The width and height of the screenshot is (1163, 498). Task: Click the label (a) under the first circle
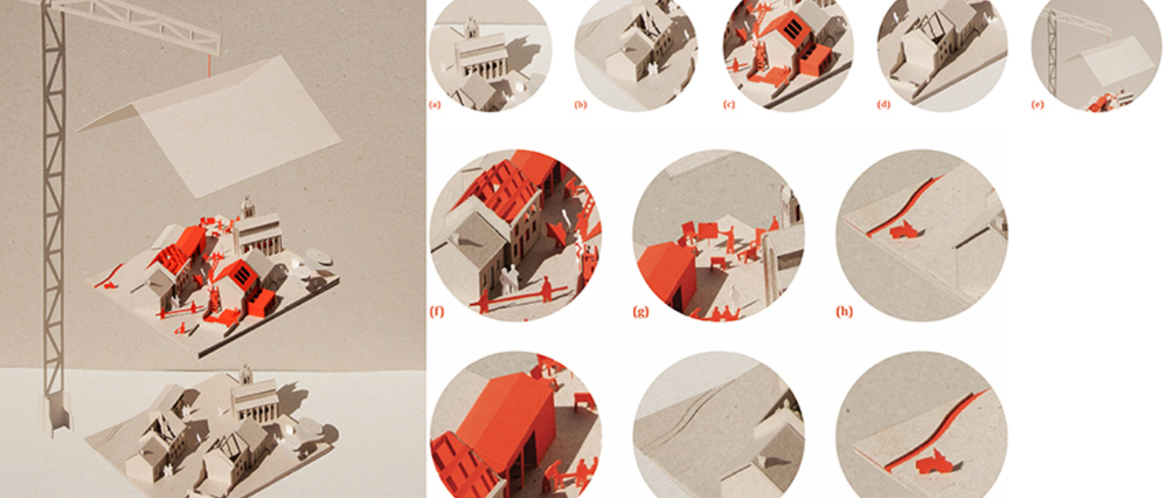click(434, 104)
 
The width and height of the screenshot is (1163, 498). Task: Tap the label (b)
click(580, 104)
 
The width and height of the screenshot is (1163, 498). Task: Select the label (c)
click(729, 104)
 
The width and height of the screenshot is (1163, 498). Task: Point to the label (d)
click(883, 104)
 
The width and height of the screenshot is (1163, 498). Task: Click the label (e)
click(1037, 104)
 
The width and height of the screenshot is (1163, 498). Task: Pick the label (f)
click(437, 312)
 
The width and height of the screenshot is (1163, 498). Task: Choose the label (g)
click(640, 312)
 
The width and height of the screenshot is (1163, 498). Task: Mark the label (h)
click(844, 312)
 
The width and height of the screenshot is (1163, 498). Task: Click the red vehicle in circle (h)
click(904, 229)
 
